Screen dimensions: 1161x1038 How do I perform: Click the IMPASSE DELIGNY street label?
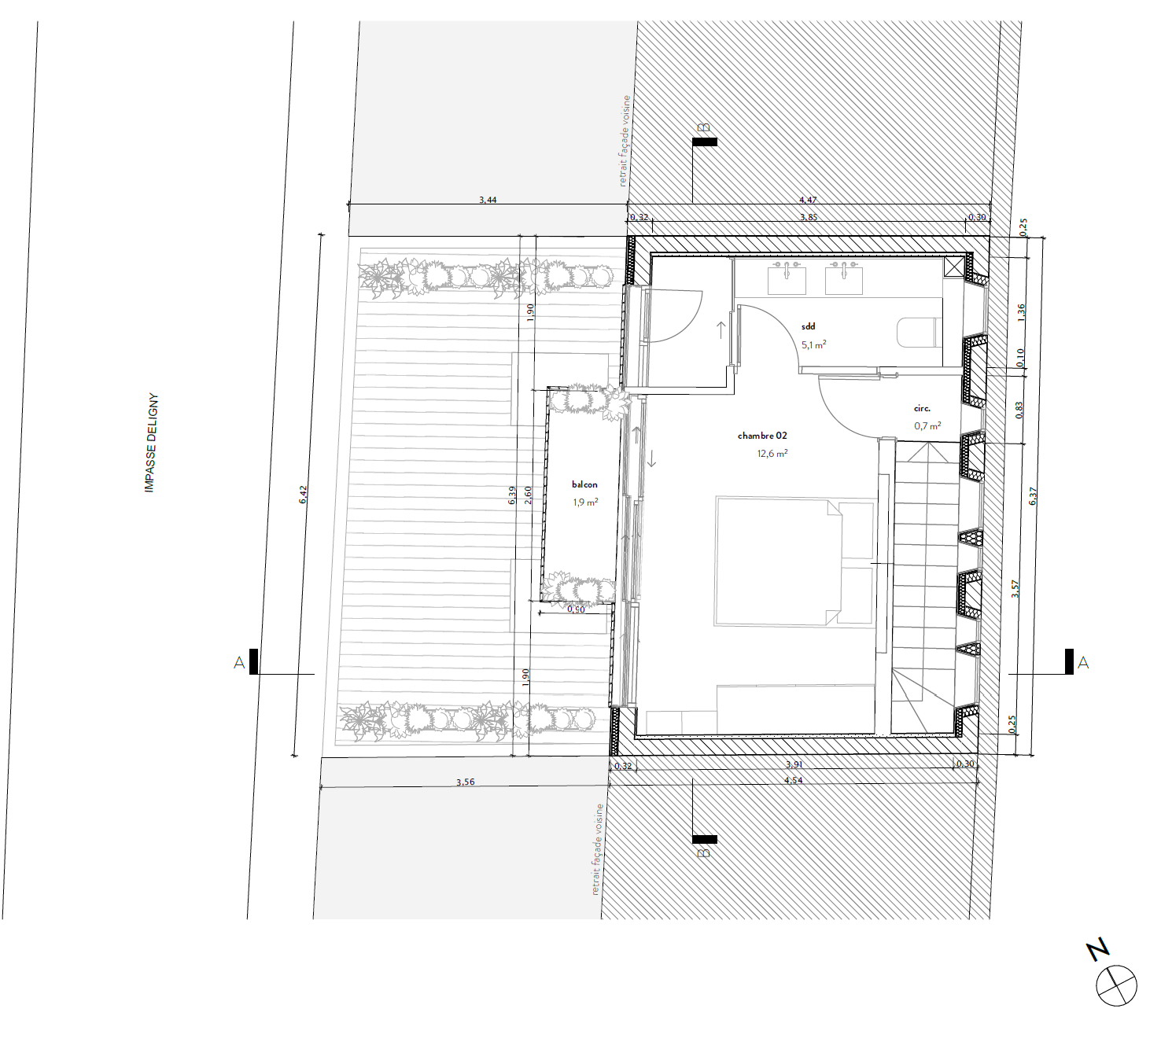point(150,442)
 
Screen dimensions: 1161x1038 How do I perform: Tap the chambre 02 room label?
point(762,436)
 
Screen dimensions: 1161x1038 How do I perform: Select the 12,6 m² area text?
point(772,453)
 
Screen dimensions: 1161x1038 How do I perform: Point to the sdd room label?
point(808,326)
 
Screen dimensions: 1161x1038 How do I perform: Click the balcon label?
point(584,484)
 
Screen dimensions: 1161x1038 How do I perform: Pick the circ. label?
point(922,408)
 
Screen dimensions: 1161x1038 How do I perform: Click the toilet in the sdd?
point(920,333)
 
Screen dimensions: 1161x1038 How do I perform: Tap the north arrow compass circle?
point(1115,985)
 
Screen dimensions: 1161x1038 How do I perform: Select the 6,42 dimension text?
point(303,495)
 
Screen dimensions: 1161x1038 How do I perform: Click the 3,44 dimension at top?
point(488,200)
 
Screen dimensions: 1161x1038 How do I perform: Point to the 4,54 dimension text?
point(793,780)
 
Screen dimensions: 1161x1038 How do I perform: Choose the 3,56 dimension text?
point(466,782)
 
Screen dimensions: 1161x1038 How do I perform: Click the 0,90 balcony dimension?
point(576,609)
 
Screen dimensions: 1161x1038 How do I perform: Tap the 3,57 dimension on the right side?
point(1015,589)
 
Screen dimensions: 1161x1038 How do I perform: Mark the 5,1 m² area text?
point(814,345)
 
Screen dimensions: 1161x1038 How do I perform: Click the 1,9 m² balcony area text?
point(585,502)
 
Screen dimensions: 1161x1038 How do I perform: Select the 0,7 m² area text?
point(927,425)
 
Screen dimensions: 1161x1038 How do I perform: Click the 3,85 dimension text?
point(809,217)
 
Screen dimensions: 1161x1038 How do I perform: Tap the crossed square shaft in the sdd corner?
point(953,267)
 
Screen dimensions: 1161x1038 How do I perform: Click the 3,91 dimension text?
point(794,764)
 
